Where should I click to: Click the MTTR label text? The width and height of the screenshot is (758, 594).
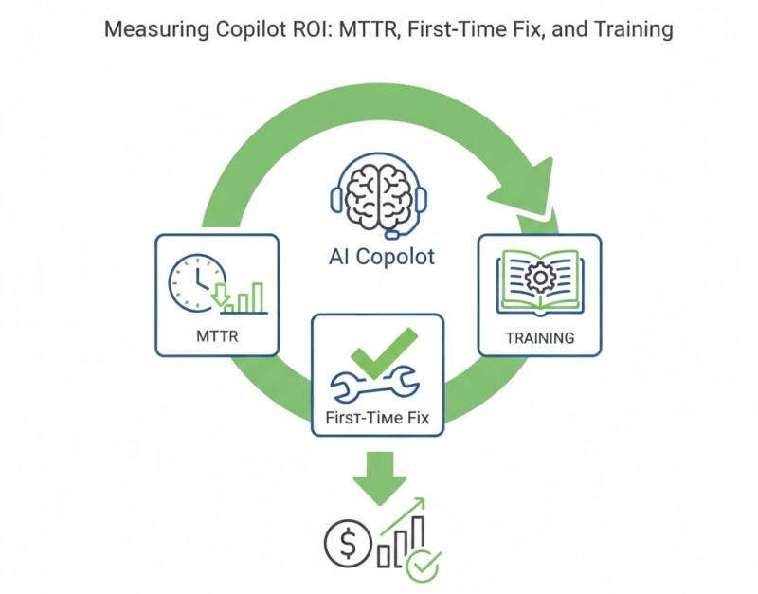pyautogui.click(x=216, y=335)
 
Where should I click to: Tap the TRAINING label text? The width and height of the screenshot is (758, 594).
pyautogui.click(x=538, y=337)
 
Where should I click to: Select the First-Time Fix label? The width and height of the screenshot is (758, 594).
pyautogui.click(x=377, y=416)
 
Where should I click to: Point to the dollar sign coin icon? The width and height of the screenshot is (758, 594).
pyautogui.click(x=343, y=543)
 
